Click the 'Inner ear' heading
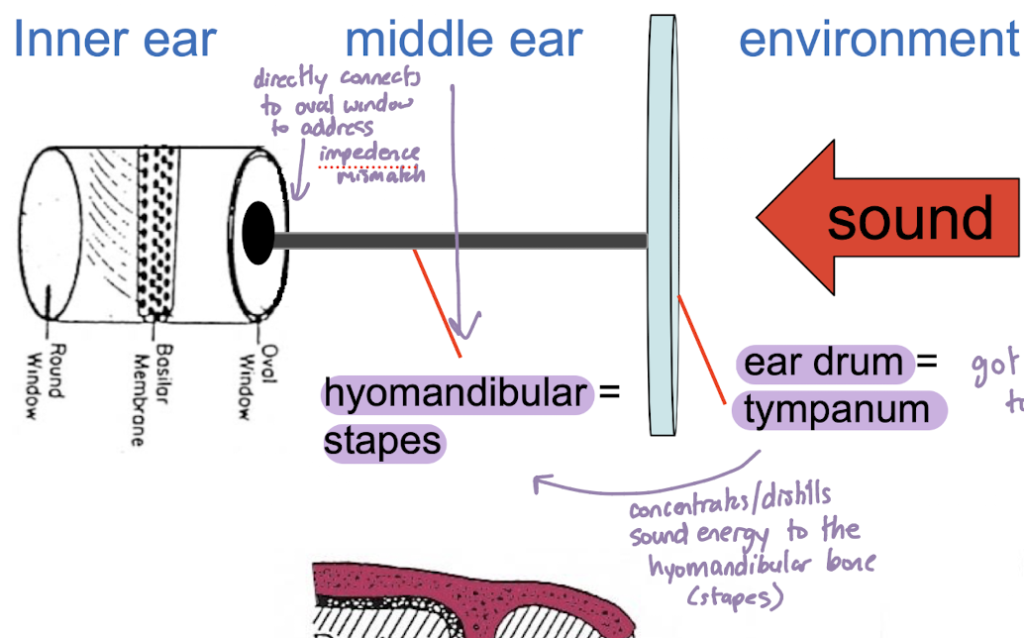tap(115, 39)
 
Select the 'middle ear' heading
tap(463, 39)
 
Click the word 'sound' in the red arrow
tap(909, 218)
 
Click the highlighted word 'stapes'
tap(382, 441)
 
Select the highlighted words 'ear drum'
tap(823, 363)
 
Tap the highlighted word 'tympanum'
tap(837, 410)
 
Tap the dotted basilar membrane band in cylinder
tap(154, 233)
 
